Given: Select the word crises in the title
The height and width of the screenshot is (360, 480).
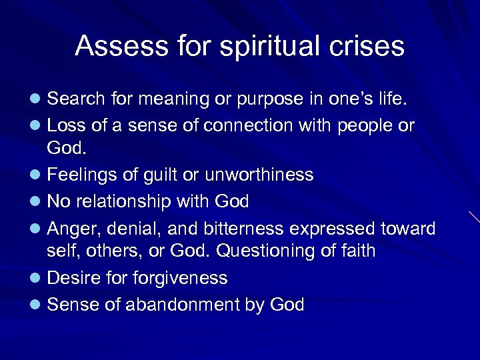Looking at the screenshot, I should point(369,47).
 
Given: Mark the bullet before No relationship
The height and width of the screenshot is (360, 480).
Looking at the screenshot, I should point(37,202).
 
